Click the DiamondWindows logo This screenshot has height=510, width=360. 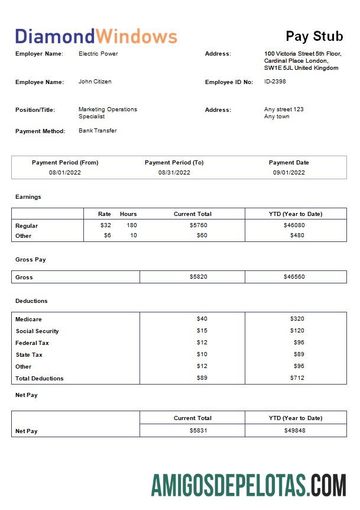click(96, 37)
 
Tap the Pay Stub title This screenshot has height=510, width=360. click(314, 36)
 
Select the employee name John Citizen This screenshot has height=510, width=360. click(95, 82)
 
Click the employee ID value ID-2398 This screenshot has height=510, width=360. click(275, 82)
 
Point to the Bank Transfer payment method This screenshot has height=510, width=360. click(98, 131)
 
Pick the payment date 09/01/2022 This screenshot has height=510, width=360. click(289, 173)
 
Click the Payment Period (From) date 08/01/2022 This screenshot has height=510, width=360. click(65, 173)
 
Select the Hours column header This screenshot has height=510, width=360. click(128, 214)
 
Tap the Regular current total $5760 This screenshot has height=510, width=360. click(199, 225)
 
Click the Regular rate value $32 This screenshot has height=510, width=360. click(105, 225)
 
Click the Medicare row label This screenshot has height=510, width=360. click(28, 319)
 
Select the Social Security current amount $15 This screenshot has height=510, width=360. click(202, 331)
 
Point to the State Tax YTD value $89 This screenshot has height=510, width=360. click(299, 354)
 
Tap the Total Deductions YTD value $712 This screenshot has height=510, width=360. click(297, 378)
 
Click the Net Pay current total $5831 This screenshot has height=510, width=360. click(199, 431)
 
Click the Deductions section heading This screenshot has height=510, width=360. click(31, 301)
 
